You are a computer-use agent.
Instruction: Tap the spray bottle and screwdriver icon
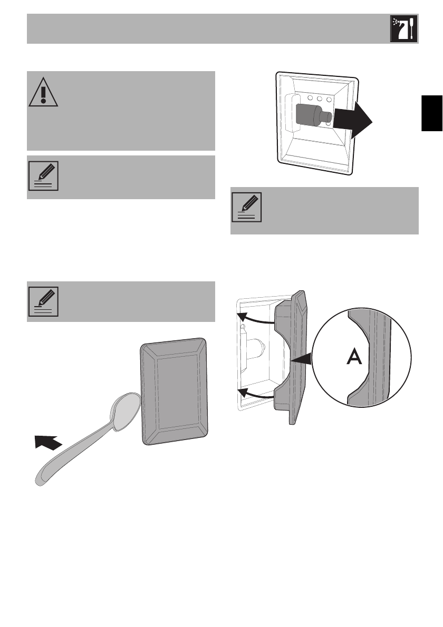click(x=403, y=29)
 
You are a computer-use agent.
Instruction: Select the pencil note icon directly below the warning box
click(x=43, y=177)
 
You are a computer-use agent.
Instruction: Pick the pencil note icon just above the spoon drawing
click(x=43, y=301)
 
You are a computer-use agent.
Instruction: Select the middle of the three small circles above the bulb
click(x=320, y=99)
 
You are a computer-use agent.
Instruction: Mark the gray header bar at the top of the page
click(x=206, y=29)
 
